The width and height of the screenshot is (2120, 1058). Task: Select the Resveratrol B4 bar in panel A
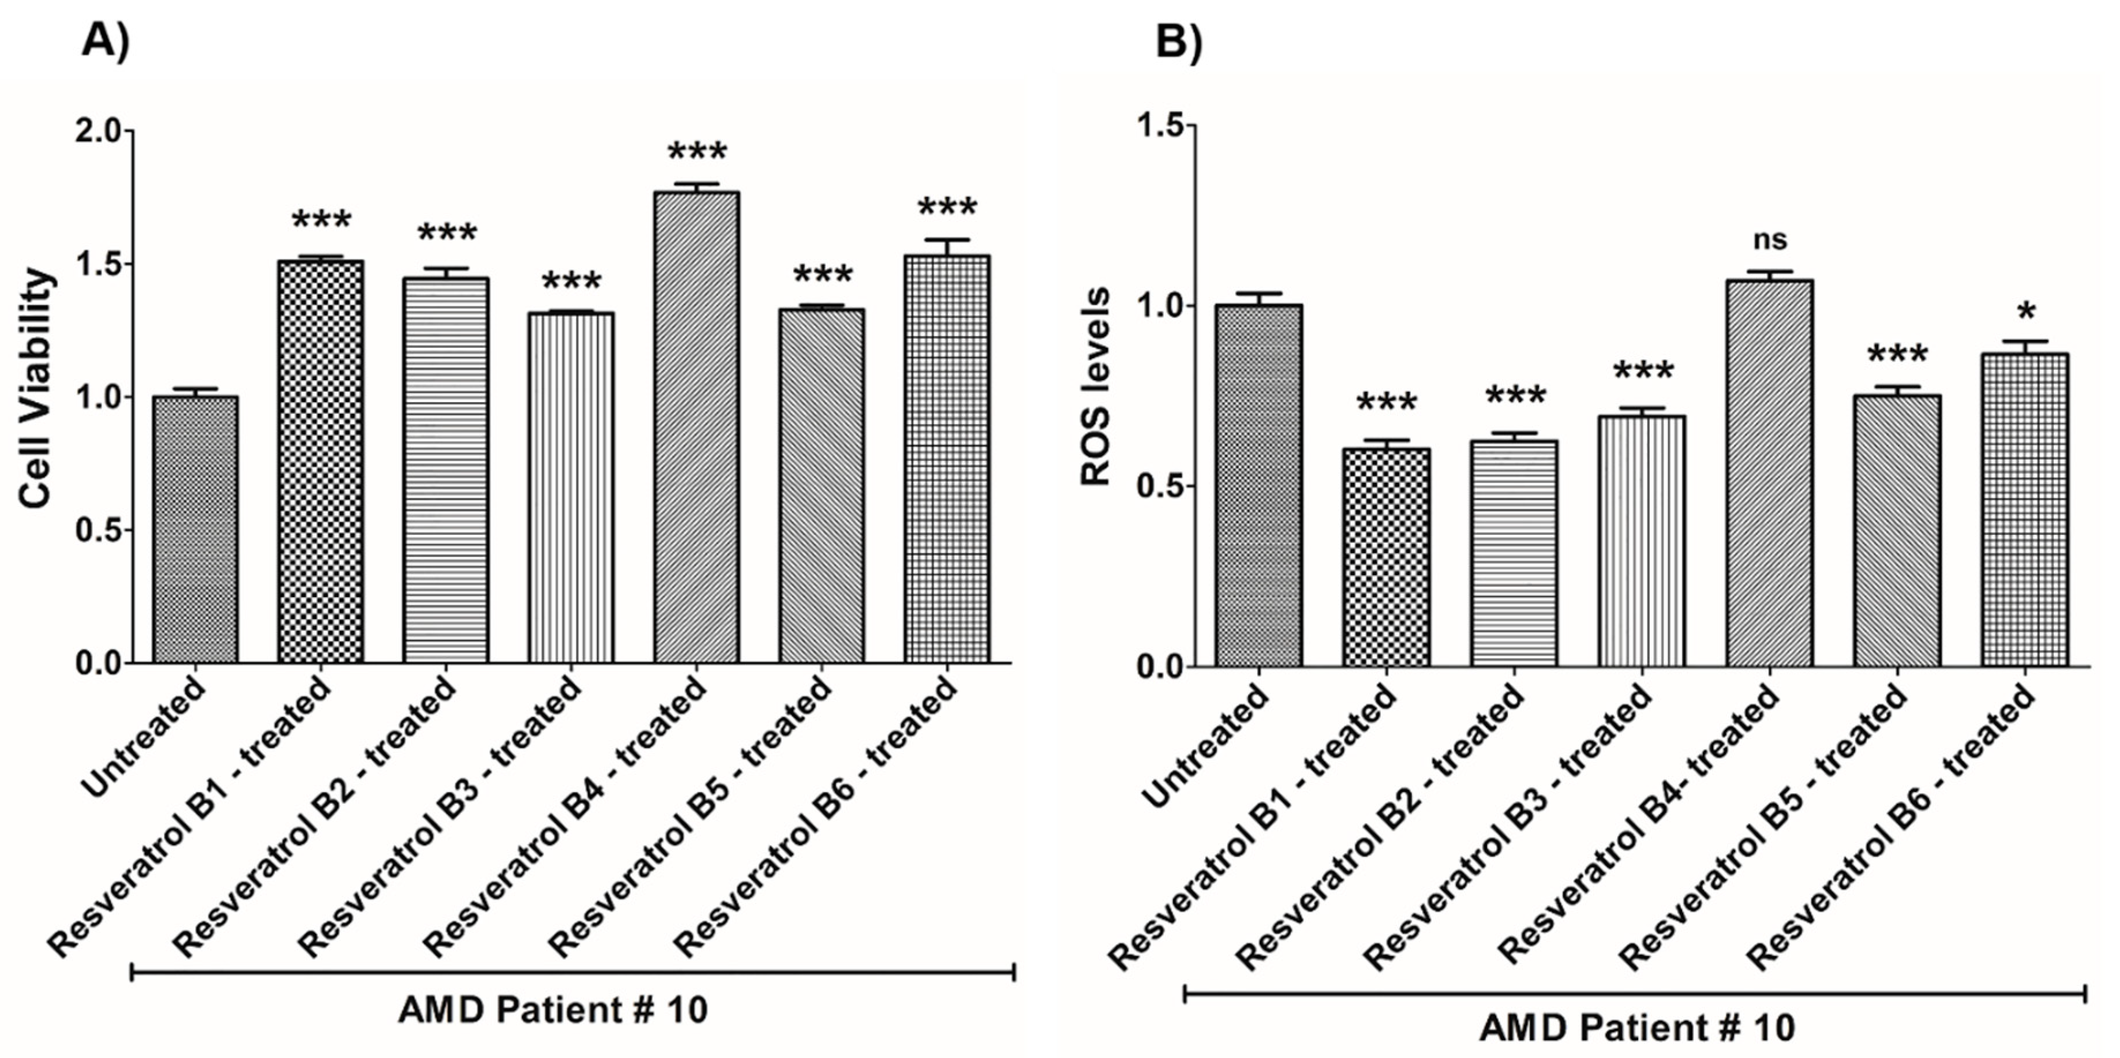pos(696,428)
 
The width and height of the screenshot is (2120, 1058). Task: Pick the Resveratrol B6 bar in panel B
pos(2025,510)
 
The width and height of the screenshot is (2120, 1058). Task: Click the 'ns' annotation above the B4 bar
pos(1769,239)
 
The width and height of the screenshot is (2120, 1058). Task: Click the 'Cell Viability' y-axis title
pos(37,388)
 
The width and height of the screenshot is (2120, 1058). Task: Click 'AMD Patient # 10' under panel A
pos(553,1010)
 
